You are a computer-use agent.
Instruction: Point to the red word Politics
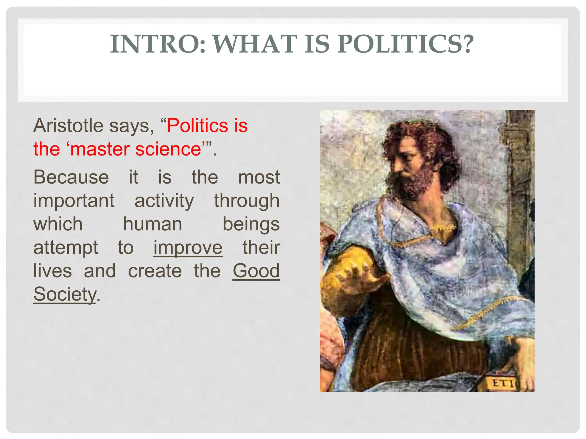(x=197, y=126)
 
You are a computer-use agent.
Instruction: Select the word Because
(x=71, y=177)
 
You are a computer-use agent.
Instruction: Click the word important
(x=74, y=201)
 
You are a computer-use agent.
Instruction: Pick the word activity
(x=164, y=201)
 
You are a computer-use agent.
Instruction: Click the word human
(x=153, y=224)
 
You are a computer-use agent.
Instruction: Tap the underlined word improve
(x=188, y=248)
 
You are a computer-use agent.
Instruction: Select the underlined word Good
(x=256, y=271)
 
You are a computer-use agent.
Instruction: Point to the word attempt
(x=66, y=248)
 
